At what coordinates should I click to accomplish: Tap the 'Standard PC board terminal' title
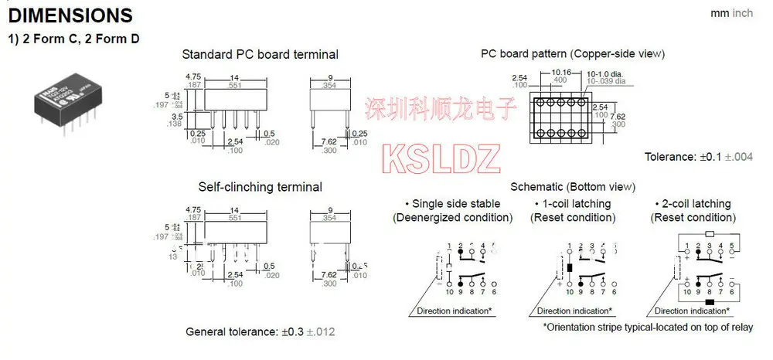pyautogui.click(x=260, y=54)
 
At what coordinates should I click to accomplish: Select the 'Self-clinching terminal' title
pyautogui.click(x=260, y=187)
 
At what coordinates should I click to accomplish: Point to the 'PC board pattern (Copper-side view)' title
pyautogui.click(x=573, y=54)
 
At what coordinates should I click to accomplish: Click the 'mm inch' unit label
pyautogui.click(x=731, y=13)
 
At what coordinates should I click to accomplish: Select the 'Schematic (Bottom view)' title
pyautogui.click(x=573, y=187)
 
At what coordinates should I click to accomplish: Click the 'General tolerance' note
pyautogui.click(x=261, y=331)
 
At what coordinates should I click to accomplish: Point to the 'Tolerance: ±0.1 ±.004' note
pyautogui.click(x=699, y=157)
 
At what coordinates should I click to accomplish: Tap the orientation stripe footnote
pyautogui.click(x=648, y=327)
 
